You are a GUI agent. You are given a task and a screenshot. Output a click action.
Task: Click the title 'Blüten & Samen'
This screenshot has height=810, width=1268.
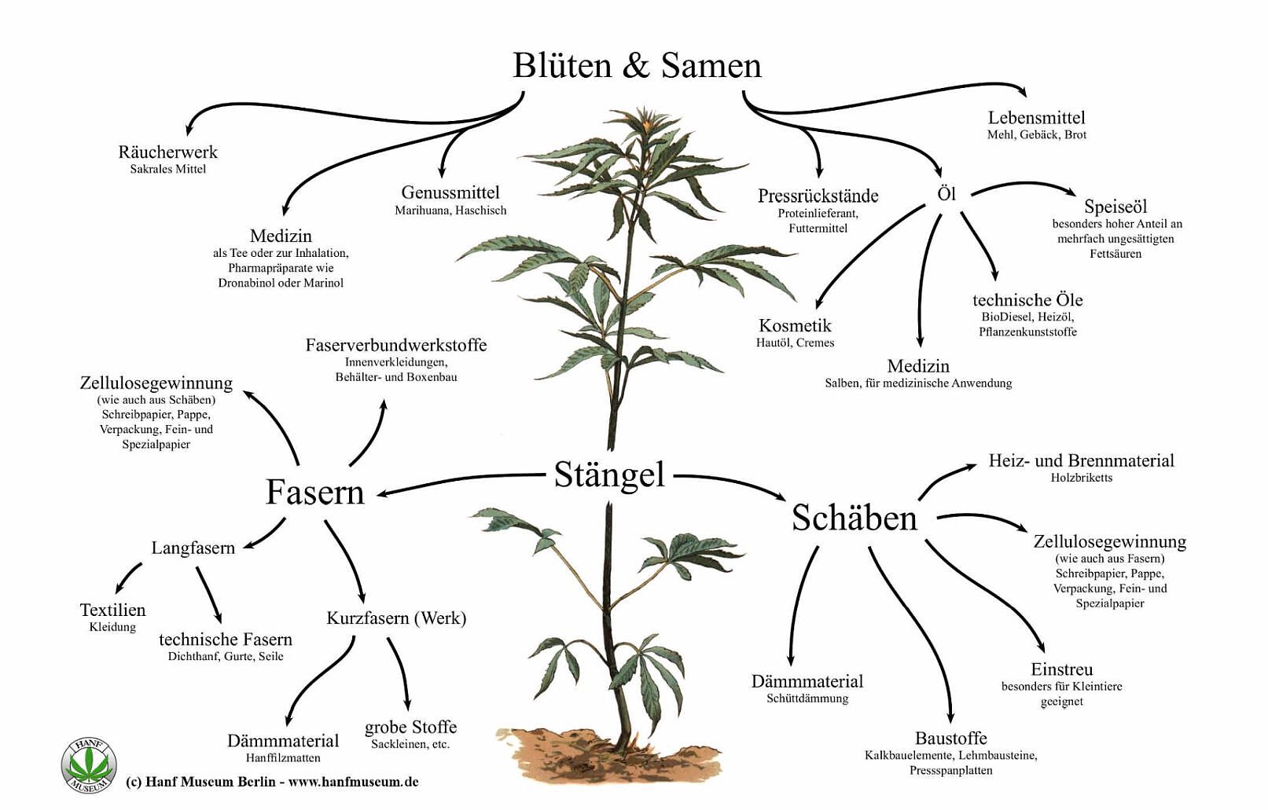pos(637,65)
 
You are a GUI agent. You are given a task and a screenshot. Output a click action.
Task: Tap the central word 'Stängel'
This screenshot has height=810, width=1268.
pos(609,475)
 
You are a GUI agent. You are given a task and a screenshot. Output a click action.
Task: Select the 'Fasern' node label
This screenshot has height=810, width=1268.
pos(314,493)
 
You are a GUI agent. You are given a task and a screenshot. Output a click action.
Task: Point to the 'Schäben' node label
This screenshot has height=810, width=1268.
pos(854,519)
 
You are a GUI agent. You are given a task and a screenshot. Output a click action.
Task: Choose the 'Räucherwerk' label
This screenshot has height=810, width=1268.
pos(167,152)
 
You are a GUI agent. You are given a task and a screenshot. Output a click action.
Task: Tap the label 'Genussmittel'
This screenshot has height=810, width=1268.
pos(450,192)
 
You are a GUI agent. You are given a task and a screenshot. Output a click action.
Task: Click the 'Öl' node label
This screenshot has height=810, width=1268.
pos(946,193)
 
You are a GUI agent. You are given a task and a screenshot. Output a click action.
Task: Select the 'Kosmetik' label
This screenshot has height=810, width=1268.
pos(795,325)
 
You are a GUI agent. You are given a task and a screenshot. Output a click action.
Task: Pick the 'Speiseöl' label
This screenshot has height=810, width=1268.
pos(1115,207)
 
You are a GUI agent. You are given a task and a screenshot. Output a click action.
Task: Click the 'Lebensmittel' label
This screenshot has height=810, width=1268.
pos(1036,118)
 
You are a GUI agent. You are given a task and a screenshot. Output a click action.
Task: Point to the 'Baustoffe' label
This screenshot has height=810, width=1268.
pos(950,738)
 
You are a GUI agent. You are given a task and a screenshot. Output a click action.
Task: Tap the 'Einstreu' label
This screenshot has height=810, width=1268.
pos(1061,669)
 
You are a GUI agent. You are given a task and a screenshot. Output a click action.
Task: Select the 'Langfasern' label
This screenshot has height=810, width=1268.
pos(193,548)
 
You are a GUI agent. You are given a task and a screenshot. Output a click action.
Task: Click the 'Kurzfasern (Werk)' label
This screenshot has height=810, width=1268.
pos(396,618)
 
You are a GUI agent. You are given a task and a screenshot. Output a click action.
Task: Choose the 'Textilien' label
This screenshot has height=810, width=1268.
pos(112,610)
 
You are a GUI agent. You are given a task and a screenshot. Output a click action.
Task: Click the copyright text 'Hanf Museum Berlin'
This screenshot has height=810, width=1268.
pos(211,782)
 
